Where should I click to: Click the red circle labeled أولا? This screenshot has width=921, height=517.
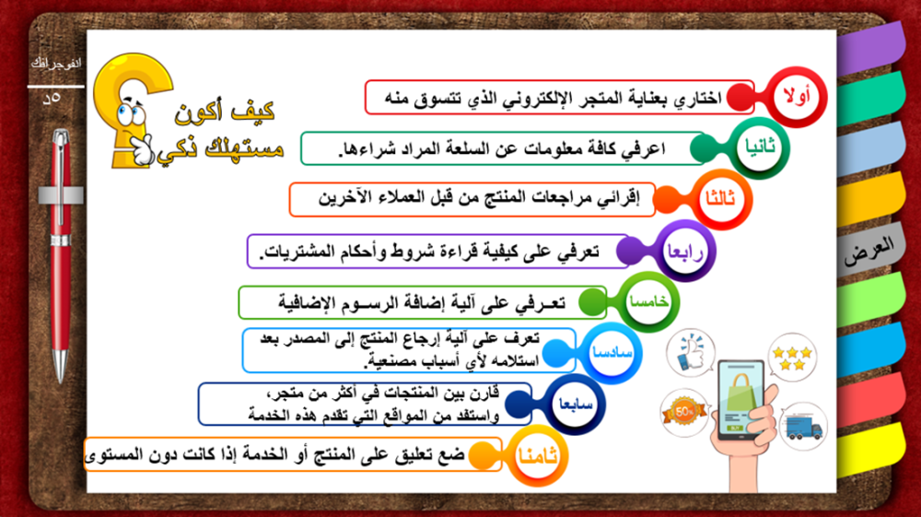click(x=797, y=97)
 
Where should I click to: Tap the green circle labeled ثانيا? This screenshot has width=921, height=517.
click(x=760, y=147)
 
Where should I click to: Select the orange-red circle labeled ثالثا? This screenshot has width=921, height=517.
click(x=721, y=199)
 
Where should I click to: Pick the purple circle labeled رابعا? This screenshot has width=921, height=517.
click(x=685, y=251)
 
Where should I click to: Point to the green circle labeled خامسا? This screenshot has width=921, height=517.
click(x=648, y=302)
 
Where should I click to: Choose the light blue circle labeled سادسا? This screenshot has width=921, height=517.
click(x=612, y=353)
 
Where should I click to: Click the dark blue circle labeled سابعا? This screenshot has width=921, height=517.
click(x=575, y=405)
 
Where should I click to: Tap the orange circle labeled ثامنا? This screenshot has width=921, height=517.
click(x=538, y=456)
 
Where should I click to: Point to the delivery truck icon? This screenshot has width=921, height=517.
click(x=804, y=427)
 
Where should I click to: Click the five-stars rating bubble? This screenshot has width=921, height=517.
click(x=792, y=358)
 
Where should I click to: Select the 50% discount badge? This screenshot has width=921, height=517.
click(x=683, y=413)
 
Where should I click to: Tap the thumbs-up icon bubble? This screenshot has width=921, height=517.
click(x=691, y=352)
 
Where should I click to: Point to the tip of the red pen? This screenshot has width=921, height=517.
click(x=61, y=381)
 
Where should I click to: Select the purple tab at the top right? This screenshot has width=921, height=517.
click(x=872, y=48)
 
